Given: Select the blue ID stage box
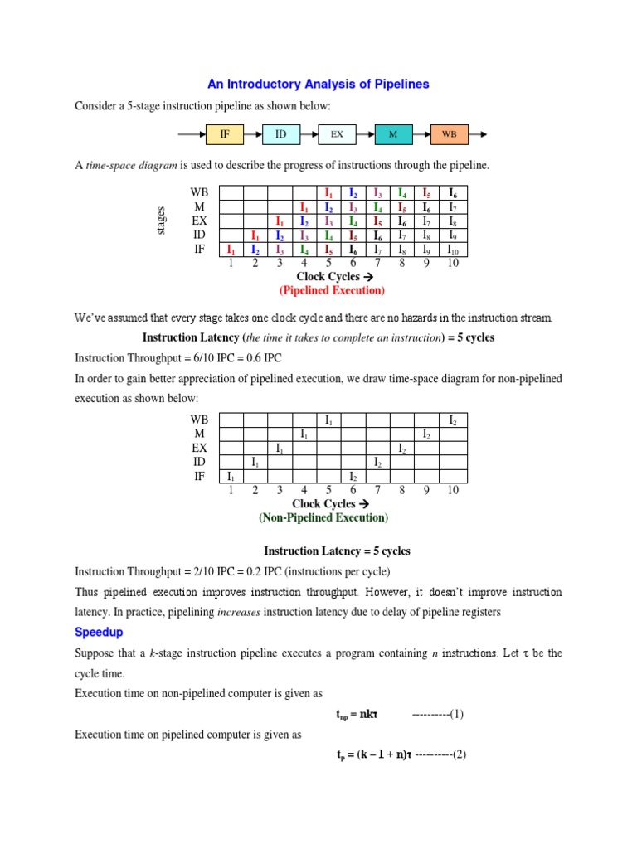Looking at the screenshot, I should click(x=280, y=133).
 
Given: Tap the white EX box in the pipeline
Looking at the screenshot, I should click(x=337, y=133).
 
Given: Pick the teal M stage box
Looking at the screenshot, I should click(x=392, y=133).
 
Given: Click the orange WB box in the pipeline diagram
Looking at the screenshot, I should click(x=449, y=133).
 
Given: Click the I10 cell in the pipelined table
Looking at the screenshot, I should click(x=453, y=250).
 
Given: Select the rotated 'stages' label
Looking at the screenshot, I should click(x=162, y=221).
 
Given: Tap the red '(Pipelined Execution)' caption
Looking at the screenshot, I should click(x=332, y=291).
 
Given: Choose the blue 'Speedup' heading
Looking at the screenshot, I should click(x=99, y=633).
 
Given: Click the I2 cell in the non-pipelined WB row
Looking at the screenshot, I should click(x=453, y=420).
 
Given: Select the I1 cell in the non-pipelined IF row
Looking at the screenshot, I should click(x=231, y=477).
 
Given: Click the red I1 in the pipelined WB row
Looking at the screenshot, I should click(x=328, y=193).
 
